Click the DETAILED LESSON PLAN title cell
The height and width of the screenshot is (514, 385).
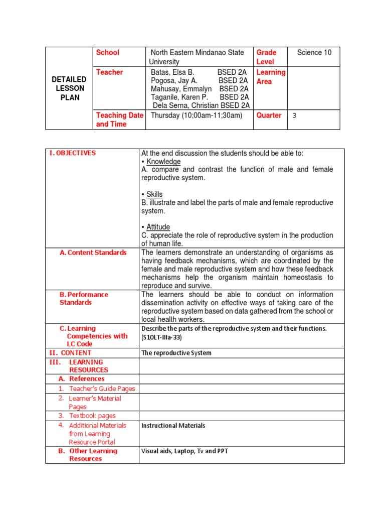pyautogui.click(x=70, y=88)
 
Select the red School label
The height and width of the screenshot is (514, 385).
pyautogui.click(x=108, y=53)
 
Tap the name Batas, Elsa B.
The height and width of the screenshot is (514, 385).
pyautogui.click(x=172, y=72)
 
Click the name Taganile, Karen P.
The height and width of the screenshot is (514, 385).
pyautogui.click(x=179, y=97)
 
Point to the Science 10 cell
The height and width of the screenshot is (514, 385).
pyautogui.click(x=314, y=53)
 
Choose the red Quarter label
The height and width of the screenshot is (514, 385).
pyautogui.click(x=269, y=115)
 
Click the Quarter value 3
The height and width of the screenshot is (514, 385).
pyautogui.click(x=294, y=115)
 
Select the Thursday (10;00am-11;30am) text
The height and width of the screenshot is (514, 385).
pyautogui.click(x=196, y=115)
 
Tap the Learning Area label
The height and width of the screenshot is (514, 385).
pyautogui.click(x=271, y=77)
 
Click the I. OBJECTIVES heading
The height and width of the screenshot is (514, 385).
pyautogui.click(x=72, y=153)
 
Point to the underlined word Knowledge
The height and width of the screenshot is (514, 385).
pyautogui.click(x=163, y=162)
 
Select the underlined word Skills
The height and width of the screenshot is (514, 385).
pyautogui.click(x=154, y=194)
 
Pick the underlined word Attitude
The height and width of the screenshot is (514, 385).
pyautogui.click(x=158, y=227)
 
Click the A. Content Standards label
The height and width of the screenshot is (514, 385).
pyautogui.click(x=93, y=252)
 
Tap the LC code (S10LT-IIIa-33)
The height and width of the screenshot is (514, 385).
pyautogui.click(x=161, y=338)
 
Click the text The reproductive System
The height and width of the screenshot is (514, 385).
pyautogui.click(x=176, y=353)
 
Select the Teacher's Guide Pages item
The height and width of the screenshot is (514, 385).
pyautogui.click(x=102, y=389)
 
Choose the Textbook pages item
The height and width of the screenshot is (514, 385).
pyautogui.click(x=92, y=416)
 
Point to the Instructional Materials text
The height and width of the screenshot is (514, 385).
pyautogui.click(x=173, y=426)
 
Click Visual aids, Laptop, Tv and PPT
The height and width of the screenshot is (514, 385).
pyautogui.click(x=184, y=451)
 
